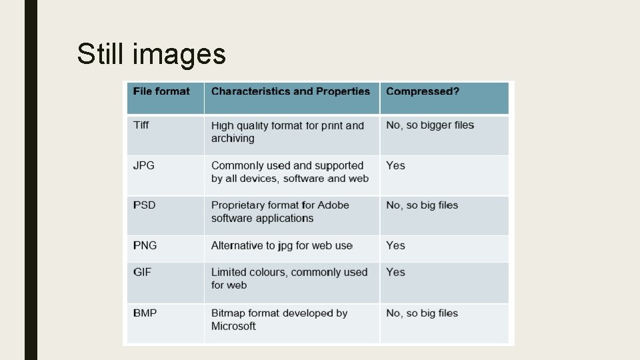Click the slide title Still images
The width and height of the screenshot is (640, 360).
pos(151,54)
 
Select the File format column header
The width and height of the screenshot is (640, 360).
pos(161,91)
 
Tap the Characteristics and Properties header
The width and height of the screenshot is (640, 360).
pos(290,91)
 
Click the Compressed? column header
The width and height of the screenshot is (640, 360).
pos(423,91)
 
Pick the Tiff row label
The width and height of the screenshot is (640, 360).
pos(141,125)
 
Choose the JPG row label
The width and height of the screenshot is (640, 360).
pos(144,165)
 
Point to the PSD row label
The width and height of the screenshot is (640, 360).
pos(144,205)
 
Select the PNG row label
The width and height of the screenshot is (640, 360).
pos(145,245)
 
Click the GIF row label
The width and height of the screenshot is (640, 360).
pos(142,272)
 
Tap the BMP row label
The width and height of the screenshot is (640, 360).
pos(145,313)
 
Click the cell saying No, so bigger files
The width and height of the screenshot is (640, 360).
pos(430,125)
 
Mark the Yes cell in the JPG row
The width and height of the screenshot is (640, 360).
pos(395,165)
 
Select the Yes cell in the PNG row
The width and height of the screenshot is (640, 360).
pos(395,245)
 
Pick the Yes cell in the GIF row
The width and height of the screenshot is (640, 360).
pos(395,272)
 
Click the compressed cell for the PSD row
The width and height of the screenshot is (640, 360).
pos(422,205)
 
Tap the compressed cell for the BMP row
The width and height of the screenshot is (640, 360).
pos(422,313)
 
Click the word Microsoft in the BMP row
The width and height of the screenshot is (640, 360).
pos(233,326)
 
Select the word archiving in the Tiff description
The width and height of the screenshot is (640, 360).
pos(233,139)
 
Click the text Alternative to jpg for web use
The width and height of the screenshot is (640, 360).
pos(281,245)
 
